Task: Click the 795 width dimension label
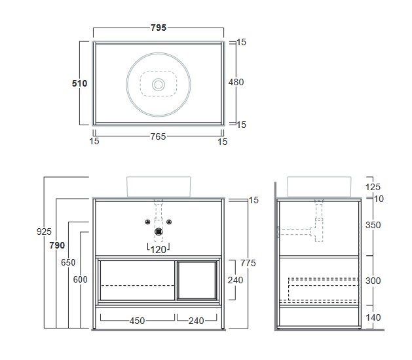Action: point(159,28)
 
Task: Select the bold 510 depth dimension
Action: point(79,83)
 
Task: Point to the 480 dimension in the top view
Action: point(236,82)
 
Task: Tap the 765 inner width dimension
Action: point(158,136)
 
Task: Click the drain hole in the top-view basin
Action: point(159,85)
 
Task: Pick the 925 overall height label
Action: point(44,231)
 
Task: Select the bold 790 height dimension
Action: point(57,245)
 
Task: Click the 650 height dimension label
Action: point(68,262)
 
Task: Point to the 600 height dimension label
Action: point(80,279)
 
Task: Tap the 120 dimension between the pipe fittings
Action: point(158,250)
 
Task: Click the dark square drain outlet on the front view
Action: point(159,231)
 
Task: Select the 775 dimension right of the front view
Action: point(248,263)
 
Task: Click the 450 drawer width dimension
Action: point(137,321)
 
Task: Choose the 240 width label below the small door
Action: point(197,321)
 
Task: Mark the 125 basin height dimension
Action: point(373,187)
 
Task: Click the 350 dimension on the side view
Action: point(373,225)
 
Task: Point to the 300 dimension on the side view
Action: point(373,281)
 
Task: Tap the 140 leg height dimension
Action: point(373,317)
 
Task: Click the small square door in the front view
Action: point(197,280)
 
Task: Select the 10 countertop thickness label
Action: point(379,199)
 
